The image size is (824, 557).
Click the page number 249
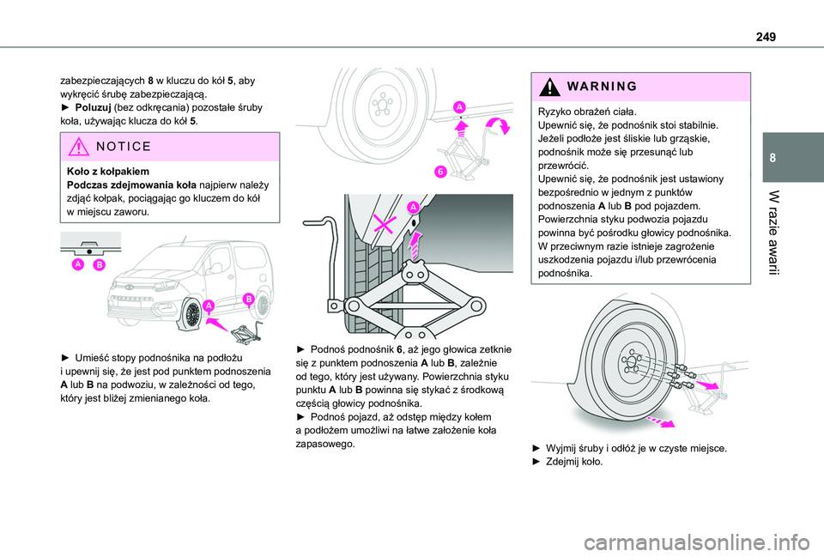(766, 37)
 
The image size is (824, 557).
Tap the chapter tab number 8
(772, 158)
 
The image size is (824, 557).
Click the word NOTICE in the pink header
(124, 147)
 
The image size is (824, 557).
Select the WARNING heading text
(602, 86)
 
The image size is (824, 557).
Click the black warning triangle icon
(549, 87)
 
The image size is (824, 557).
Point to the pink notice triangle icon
(78, 147)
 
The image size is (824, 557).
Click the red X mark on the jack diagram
(385, 224)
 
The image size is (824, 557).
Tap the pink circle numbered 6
(440, 172)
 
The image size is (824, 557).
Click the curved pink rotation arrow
(498, 126)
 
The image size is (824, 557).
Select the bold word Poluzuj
(93, 108)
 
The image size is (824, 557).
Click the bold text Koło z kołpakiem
(108, 172)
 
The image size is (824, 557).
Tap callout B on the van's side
(248, 300)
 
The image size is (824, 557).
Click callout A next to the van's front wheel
(209, 306)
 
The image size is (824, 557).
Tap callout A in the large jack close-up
(413, 207)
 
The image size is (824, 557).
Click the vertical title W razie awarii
(773, 233)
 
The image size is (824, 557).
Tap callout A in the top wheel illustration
(459, 107)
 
